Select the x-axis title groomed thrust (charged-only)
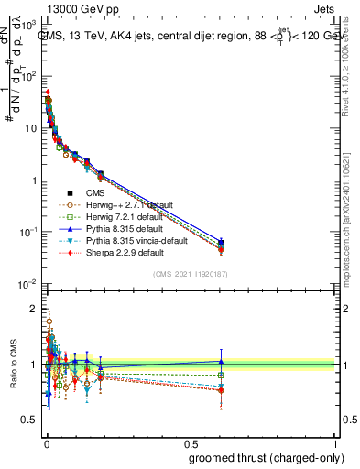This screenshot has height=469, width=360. click(x=261, y=458)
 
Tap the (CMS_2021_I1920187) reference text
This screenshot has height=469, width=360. click(x=190, y=273)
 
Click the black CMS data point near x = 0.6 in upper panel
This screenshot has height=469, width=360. click(x=221, y=244)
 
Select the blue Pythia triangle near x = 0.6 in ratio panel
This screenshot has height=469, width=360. click(x=221, y=362)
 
